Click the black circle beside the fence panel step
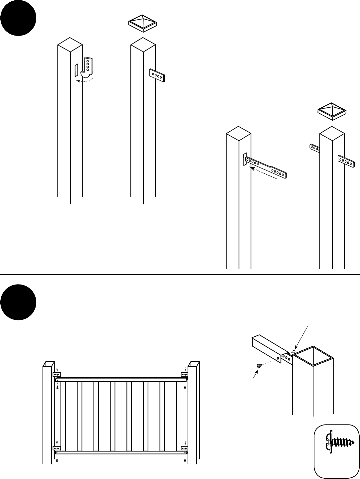point(19,302)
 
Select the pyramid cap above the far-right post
point(332,111)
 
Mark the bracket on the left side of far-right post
point(314,148)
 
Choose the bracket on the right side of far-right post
point(346,161)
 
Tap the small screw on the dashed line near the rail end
point(258,365)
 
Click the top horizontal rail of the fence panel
point(122,379)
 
